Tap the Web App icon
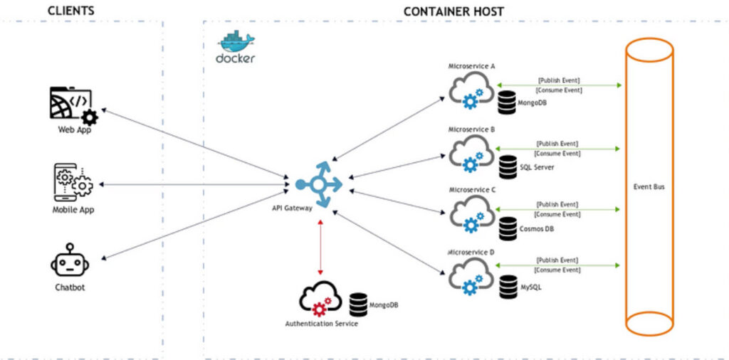click(x=73, y=105)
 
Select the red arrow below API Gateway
click(x=320, y=246)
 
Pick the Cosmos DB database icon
click(x=508, y=228)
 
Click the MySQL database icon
click(x=508, y=286)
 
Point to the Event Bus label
click(x=649, y=187)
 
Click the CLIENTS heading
click(x=70, y=11)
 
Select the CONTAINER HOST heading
click(x=453, y=11)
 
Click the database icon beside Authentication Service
click(x=358, y=305)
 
